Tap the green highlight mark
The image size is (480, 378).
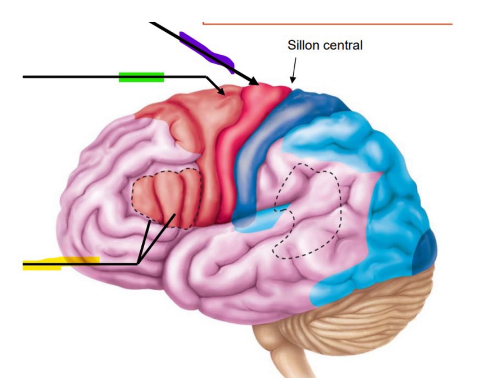[x=141, y=77]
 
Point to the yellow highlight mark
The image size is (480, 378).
[x=61, y=263]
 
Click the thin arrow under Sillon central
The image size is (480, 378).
[x=294, y=70]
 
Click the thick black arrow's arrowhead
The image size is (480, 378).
[x=254, y=82]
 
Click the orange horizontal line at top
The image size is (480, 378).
[x=327, y=24]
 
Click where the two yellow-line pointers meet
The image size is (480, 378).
[x=138, y=264]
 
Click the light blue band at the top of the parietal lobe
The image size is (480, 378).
[x=324, y=133]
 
